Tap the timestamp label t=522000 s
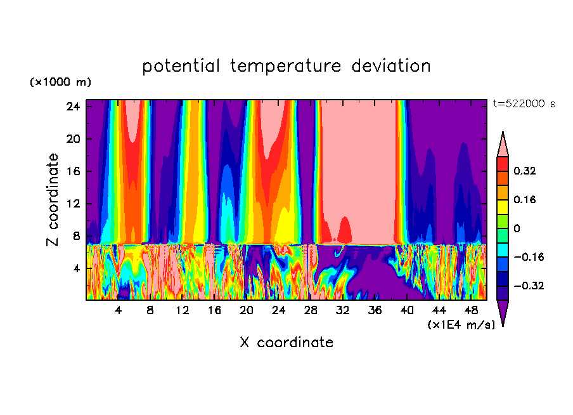click(x=524, y=104)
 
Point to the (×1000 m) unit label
click(x=60, y=82)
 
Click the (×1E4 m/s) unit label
click(x=461, y=325)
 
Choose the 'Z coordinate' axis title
click(x=53, y=200)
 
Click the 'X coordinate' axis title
click(x=286, y=343)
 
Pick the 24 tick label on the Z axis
click(x=72, y=107)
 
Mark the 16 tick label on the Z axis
click(x=72, y=171)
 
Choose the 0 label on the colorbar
click(x=517, y=228)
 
